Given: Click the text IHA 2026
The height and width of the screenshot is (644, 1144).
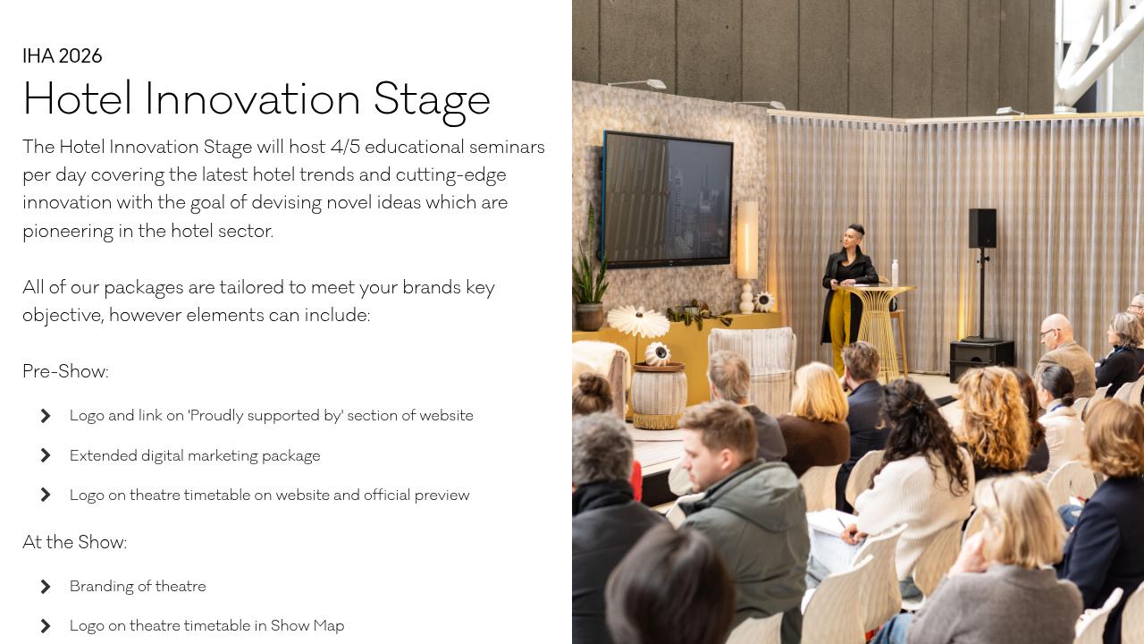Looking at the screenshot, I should [x=63, y=56].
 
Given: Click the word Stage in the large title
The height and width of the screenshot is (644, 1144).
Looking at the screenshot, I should [x=432, y=99].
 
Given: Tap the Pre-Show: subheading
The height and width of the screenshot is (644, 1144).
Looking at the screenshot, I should [x=65, y=371].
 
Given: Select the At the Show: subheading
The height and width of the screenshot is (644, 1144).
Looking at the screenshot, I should [x=74, y=542].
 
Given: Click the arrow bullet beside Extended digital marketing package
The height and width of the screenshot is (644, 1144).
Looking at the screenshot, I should [x=46, y=455].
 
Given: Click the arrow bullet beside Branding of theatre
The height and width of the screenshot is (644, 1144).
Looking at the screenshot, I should [x=46, y=587].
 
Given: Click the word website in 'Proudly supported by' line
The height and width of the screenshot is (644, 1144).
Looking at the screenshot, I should [x=444, y=416].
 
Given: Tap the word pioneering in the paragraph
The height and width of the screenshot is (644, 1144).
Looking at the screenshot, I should [x=68, y=231].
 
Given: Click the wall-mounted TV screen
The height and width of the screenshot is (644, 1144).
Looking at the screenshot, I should [x=668, y=199].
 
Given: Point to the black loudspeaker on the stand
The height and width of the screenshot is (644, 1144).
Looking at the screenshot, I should [x=982, y=228].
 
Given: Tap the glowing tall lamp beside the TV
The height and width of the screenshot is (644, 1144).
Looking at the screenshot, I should [x=747, y=240].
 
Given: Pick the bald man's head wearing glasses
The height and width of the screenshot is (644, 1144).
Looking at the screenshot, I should [x=1056, y=332].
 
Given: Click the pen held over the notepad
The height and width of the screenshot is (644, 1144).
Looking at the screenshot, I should [x=841, y=524].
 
